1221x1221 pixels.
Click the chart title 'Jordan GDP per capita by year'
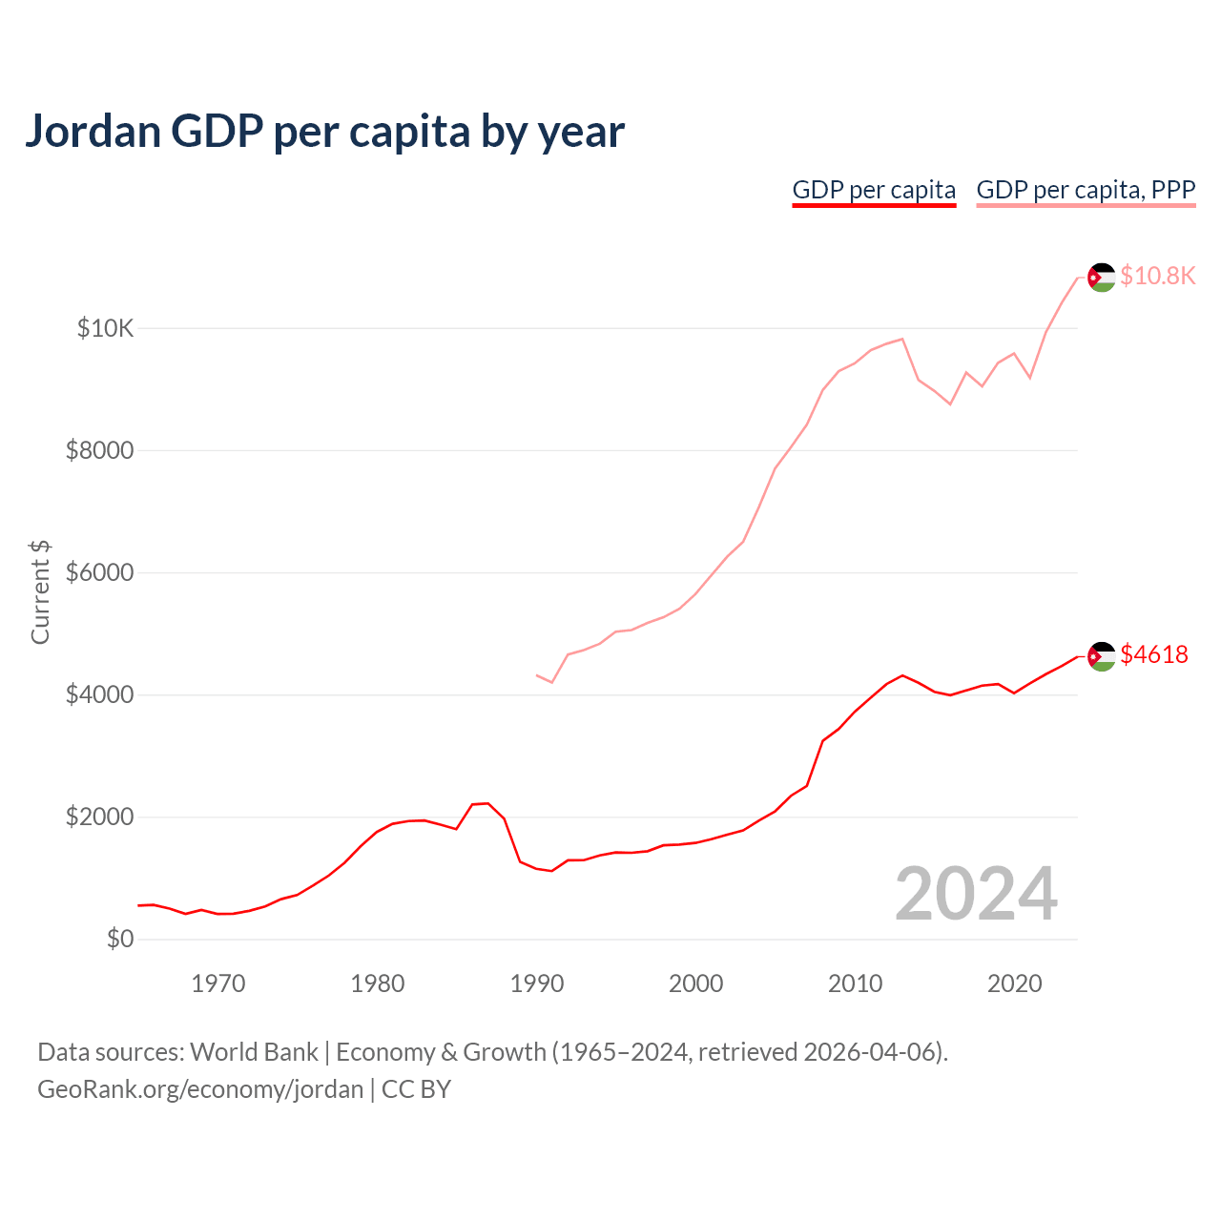point(324,132)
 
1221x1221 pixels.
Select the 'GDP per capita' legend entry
point(874,190)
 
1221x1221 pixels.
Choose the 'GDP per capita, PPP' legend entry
point(1086,190)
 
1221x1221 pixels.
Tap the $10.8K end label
point(1157,276)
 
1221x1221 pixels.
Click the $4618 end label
point(1154,654)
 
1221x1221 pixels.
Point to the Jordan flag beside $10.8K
point(1102,278)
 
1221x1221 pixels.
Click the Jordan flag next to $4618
point(1102,656)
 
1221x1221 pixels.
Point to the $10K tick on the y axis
point(105,329)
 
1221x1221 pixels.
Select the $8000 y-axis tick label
point(99,451)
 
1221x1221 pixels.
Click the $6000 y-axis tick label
point(99,573)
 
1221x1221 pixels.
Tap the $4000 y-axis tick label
point(99,695)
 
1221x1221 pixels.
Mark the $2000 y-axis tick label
point(99,817)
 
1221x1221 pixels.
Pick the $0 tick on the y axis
point(120,940)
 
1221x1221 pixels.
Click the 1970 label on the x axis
point(218,984)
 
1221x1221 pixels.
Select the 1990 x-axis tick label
point(537,984)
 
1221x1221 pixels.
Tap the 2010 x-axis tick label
point(856,984)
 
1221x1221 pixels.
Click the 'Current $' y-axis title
point(40,591)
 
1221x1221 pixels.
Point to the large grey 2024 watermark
point(976,894)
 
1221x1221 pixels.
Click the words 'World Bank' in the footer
point(254,1052)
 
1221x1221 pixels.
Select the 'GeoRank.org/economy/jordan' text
point(200,1089)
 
